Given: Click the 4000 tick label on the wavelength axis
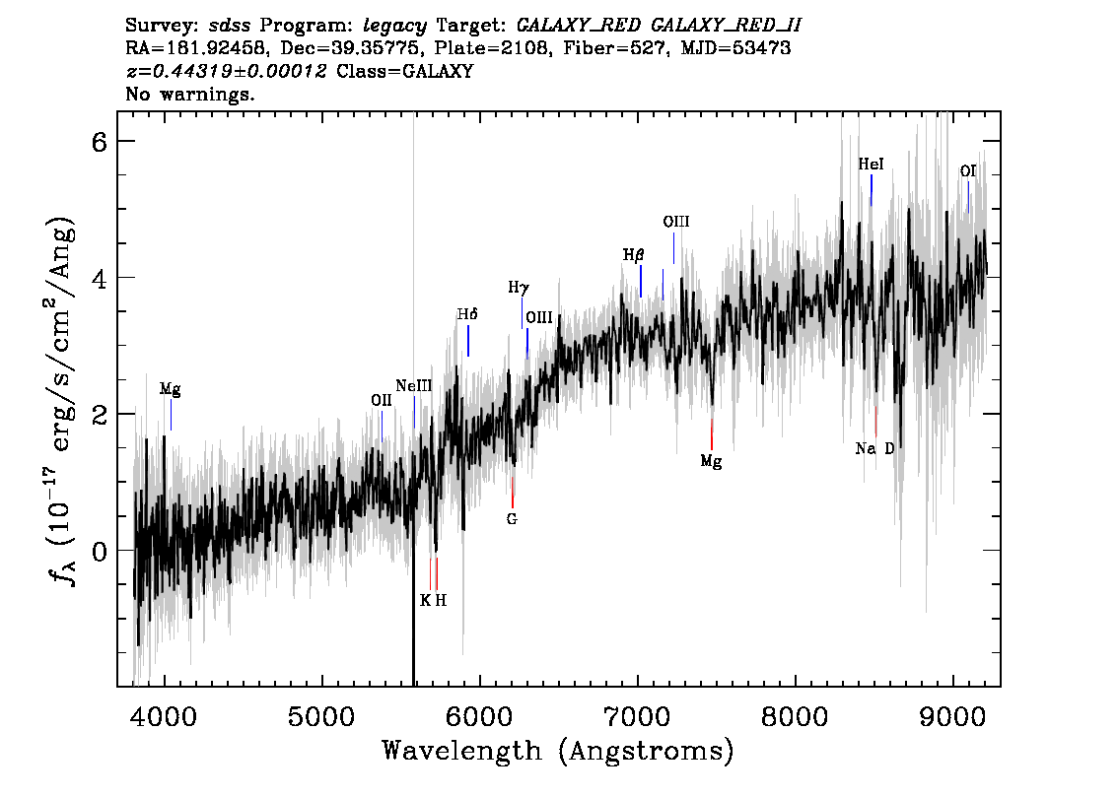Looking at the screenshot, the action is tap(165, 716).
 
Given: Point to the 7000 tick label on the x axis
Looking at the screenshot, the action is tap(638, 716).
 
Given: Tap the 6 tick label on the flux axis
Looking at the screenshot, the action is tap(99, 142).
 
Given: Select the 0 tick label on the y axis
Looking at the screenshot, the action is tap(99, 551).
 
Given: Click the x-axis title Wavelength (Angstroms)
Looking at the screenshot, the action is tap(558, 751).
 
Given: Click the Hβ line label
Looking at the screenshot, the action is tap(633, 255).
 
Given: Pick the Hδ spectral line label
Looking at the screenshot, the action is tap(467, 314).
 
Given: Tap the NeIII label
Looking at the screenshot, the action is tap(413, 386).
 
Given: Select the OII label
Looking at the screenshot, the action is tap(382, 400).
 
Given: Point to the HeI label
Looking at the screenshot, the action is tap(871, 165).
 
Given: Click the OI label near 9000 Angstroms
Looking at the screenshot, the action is tap(967, 171).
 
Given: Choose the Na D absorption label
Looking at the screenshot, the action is tap(874, 449).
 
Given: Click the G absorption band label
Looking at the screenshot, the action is tap(512, 519).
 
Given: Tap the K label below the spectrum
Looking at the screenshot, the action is tap(425, 601).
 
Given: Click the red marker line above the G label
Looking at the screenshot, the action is tap(512, 493).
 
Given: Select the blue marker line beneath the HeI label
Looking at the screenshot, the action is tap(871, 190).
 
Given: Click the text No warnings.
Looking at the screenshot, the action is tap(189, 94).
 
